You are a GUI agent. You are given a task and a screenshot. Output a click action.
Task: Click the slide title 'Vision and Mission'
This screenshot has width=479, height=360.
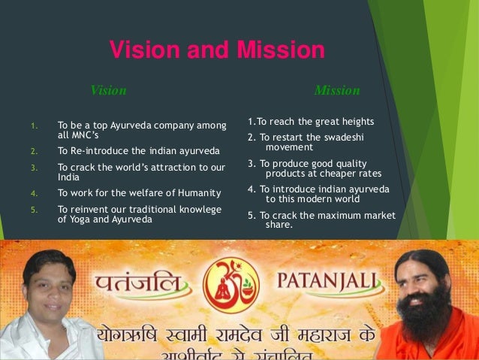[217, 50]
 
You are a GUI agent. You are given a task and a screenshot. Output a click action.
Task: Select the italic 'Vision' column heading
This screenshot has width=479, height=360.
[108, 91]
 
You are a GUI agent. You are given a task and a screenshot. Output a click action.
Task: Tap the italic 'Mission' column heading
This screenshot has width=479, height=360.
[337, 91]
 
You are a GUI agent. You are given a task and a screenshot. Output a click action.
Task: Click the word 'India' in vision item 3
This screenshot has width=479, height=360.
[68, 177]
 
